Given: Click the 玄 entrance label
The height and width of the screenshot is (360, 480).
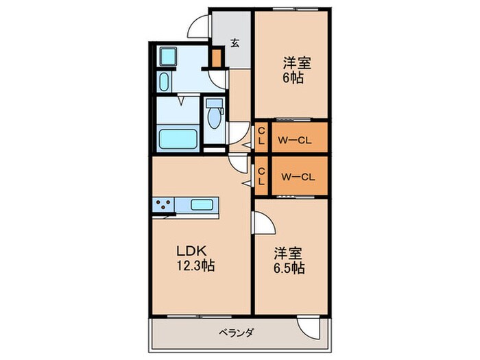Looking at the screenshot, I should pos(235,43).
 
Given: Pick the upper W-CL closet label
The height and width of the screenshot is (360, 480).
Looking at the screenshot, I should pos(296,141).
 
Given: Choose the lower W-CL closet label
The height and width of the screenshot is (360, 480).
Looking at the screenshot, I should pos(298,176).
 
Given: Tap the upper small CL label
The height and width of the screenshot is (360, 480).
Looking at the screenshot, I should pos(261,136).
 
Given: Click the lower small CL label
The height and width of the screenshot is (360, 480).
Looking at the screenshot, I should pos(261,176).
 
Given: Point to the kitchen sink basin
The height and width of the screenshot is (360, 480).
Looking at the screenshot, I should pos(202,204).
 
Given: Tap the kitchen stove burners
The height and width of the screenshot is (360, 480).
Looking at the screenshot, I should pos(165,204).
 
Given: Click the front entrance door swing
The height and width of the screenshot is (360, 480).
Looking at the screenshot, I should pos(199,26).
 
